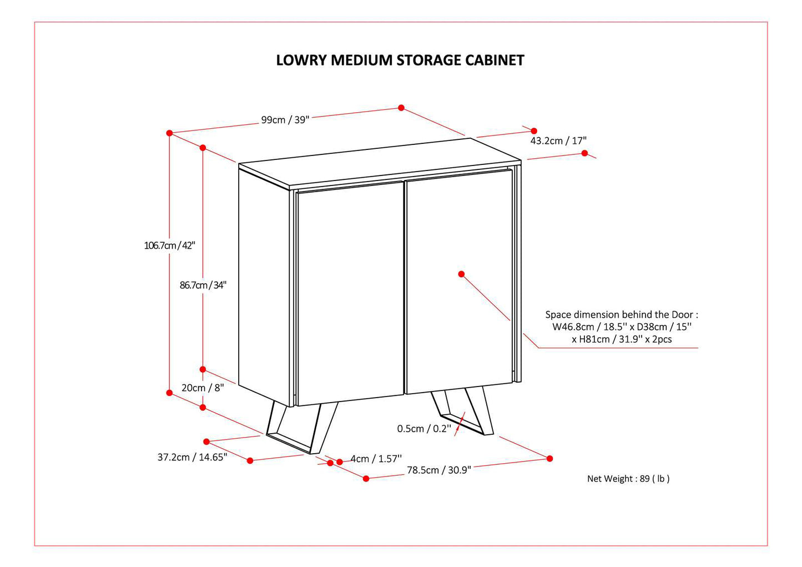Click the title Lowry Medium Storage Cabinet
tap(400, 60)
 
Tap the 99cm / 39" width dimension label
tap(285, 120)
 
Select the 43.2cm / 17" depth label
tap(558, 141)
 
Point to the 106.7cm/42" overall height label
tap(169, 245)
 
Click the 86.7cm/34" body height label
tap(203, 285)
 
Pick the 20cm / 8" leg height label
tap(202, 388)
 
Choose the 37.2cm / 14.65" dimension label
tap(192, 458)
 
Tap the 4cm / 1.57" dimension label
tap(376, 459)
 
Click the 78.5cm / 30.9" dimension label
tap(438, 470)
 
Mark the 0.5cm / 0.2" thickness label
tap(424, 429)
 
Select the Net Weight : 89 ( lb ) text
tap(628, 479)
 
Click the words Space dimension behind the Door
tap(621, 315)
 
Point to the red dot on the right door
tap(461, 274)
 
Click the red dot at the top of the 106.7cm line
tap(169, 133)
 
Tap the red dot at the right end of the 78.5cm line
tap(549, 459)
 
